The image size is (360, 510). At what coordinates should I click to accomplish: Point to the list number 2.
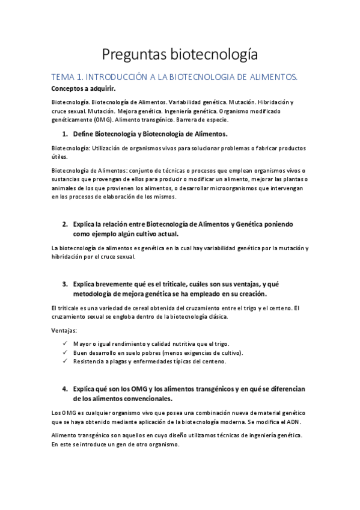(64, 224)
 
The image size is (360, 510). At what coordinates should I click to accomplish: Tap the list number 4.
(64, 388)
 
